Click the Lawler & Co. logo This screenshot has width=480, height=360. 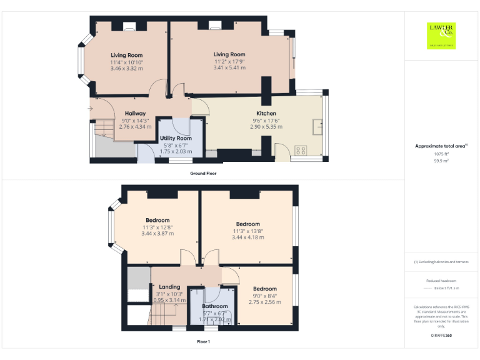(x=441, y=36)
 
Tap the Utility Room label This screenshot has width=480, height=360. (x=175, y=138)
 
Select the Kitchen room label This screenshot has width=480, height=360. (x=266, y=114)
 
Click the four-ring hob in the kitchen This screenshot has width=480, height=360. (x=301, y=150)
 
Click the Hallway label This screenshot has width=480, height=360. (x=135, y=114)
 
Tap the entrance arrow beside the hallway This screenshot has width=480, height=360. (x=91, y=109)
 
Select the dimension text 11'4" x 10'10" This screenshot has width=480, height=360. (x=127, y=62)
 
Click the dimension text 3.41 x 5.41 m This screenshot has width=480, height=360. (x=229, y=67)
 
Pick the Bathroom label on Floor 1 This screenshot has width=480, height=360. (x=215, y=306)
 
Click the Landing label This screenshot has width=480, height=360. (x=169, y=287)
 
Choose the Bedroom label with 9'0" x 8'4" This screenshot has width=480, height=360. (x=264, y=289)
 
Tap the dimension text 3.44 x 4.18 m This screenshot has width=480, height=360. (x=247, y=237)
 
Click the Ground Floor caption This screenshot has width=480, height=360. (x=203, y=173)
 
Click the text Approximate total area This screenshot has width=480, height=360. (x=440, y=146)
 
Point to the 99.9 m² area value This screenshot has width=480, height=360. (x=442, y=161)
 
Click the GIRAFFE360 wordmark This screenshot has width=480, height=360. (x=441, y=336)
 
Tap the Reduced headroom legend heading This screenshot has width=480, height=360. (x=441, y=281)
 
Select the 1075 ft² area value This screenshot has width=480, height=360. (x=442, y=154)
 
